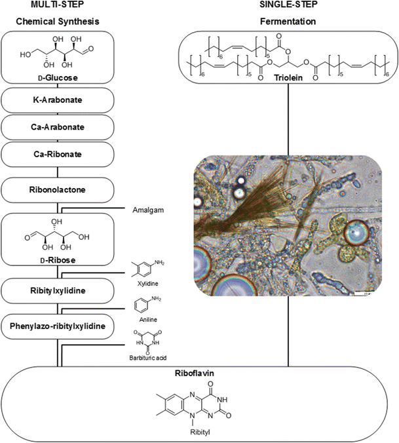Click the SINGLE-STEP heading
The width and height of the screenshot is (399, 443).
coord(288,7)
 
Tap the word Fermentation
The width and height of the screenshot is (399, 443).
coord(288,21)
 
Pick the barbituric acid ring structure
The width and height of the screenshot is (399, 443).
coord(149,343)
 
